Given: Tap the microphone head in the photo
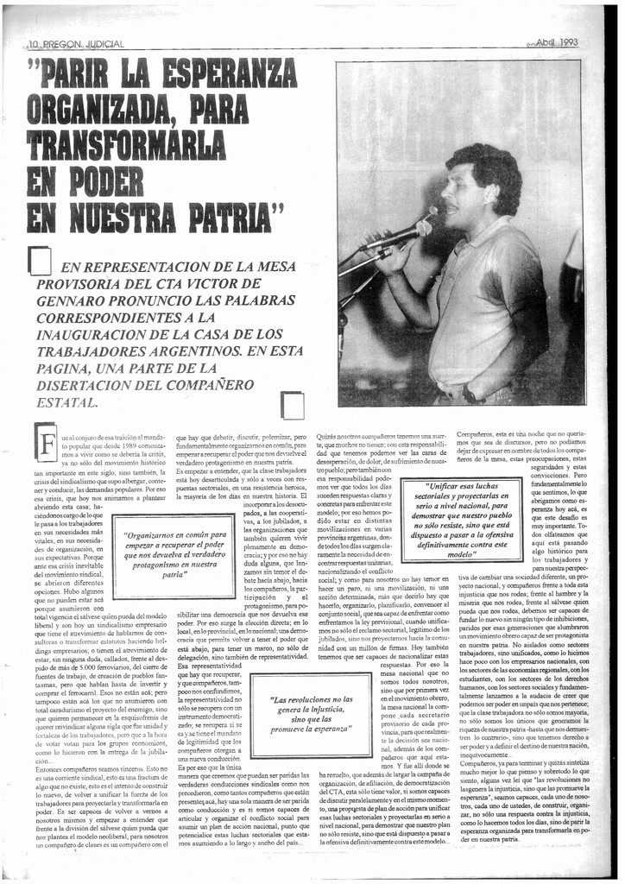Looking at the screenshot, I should point(422,228).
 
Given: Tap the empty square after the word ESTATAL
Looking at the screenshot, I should point(293,405).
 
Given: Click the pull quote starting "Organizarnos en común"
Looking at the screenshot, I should point(174,555).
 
